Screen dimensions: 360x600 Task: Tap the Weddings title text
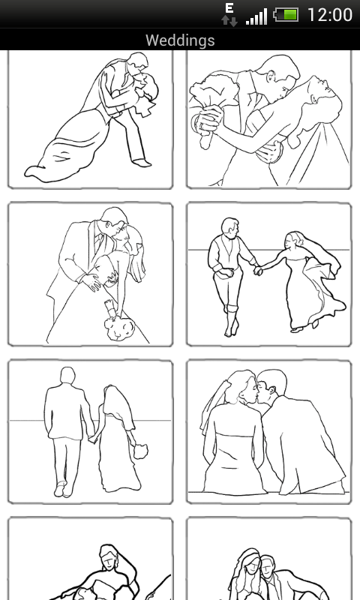[x=180, y=40]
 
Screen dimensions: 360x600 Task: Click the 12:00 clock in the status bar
[x=330, y=15]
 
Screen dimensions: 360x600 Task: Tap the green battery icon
[x=286, y=15]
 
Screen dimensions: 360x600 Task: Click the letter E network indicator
[x=229, y=8]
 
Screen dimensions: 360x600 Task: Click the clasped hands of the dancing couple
[x=258, y=270]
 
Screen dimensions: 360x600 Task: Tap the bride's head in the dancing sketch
[x=291, y=240]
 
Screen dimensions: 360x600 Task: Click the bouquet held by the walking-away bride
[x=141, y=451]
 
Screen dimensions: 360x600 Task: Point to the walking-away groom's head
[x=67, y=376]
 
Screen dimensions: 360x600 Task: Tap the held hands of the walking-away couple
[x=92, y=439]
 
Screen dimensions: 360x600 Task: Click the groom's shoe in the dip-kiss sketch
[x=142, y=163]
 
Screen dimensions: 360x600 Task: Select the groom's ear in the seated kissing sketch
[x=271, y=391]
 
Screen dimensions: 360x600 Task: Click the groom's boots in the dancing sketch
[x=232, y=321]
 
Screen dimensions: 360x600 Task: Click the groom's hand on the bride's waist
[x=91, y=281]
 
